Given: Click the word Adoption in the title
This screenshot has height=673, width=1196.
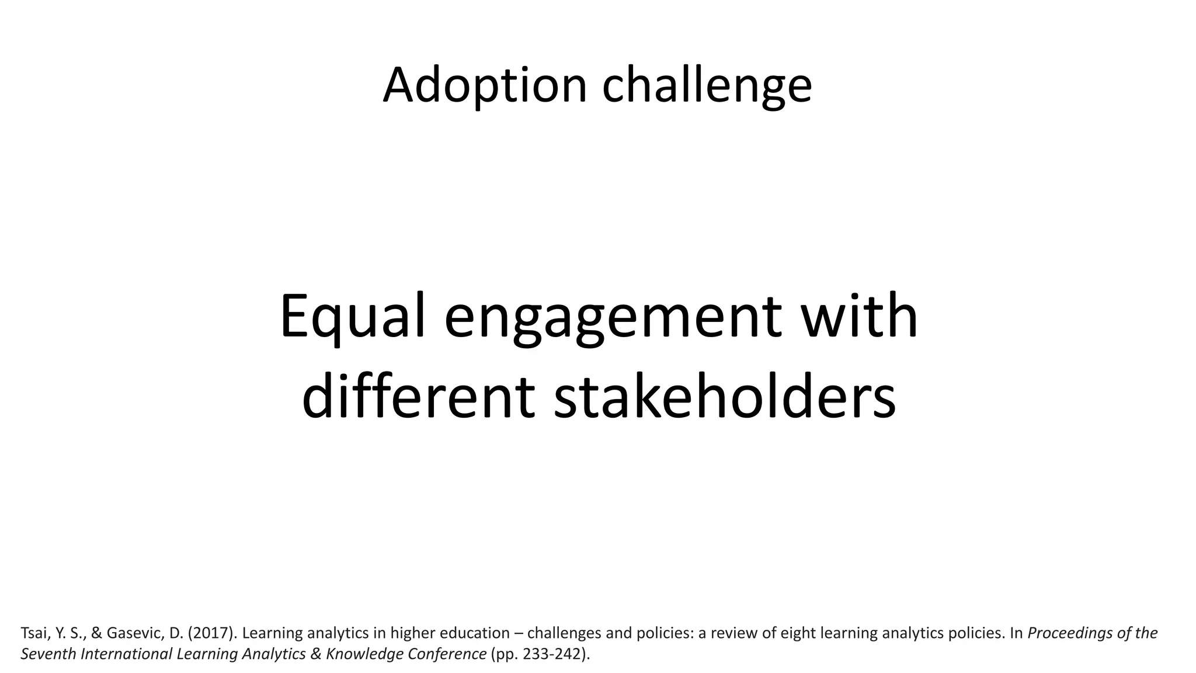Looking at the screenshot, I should (x=484, y=85).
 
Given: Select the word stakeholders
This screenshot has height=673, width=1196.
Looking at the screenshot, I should (x=724, y=397).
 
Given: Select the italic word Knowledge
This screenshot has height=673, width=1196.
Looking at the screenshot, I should (x=364, y=654).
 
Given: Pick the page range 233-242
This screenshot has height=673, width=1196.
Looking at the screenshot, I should (x=550, y=654).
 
